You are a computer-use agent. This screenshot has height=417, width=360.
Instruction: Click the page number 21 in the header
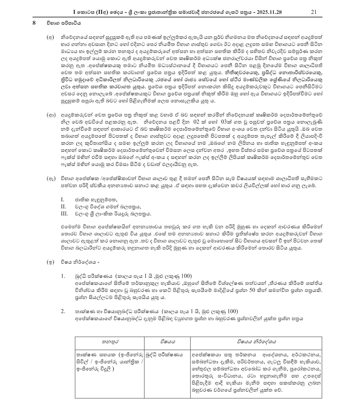[x=313, y=12]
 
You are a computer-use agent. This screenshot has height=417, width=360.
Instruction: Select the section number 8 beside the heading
[x=34, y=23]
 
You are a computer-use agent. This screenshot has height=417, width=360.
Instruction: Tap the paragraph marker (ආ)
[x=51, y=115]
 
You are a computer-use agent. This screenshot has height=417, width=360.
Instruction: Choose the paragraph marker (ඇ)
[x=51, y=179]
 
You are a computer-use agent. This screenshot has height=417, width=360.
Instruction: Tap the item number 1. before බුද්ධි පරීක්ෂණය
[x=63, y=276]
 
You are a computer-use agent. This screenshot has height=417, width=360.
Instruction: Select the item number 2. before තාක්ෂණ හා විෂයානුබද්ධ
[x=63, y=312]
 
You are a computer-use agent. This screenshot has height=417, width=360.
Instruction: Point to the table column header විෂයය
[x=167, y=342]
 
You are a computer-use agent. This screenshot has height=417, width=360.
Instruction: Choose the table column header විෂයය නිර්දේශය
[x=256, y=342]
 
